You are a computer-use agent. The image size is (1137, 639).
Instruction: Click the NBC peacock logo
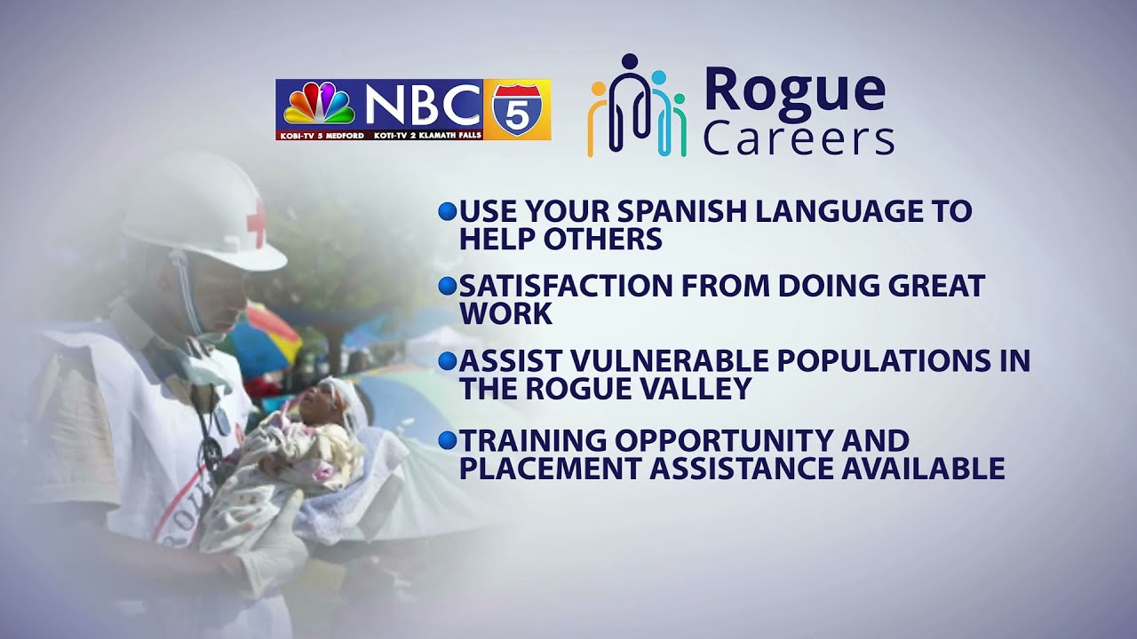pos(319,104)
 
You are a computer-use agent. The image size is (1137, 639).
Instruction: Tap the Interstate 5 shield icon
pos(515,109)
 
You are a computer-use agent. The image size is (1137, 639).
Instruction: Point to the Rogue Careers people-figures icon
pos(637,106)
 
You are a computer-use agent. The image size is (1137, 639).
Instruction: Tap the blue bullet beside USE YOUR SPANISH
pos(448,211)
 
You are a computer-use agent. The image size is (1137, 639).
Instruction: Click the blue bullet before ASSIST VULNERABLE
pos(448,361)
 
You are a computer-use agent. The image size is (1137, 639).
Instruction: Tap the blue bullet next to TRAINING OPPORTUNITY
pos(448,439)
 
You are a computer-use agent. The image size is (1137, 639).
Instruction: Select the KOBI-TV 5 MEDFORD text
pos(321,134)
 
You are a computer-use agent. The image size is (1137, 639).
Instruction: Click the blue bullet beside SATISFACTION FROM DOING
pos(448,286)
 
